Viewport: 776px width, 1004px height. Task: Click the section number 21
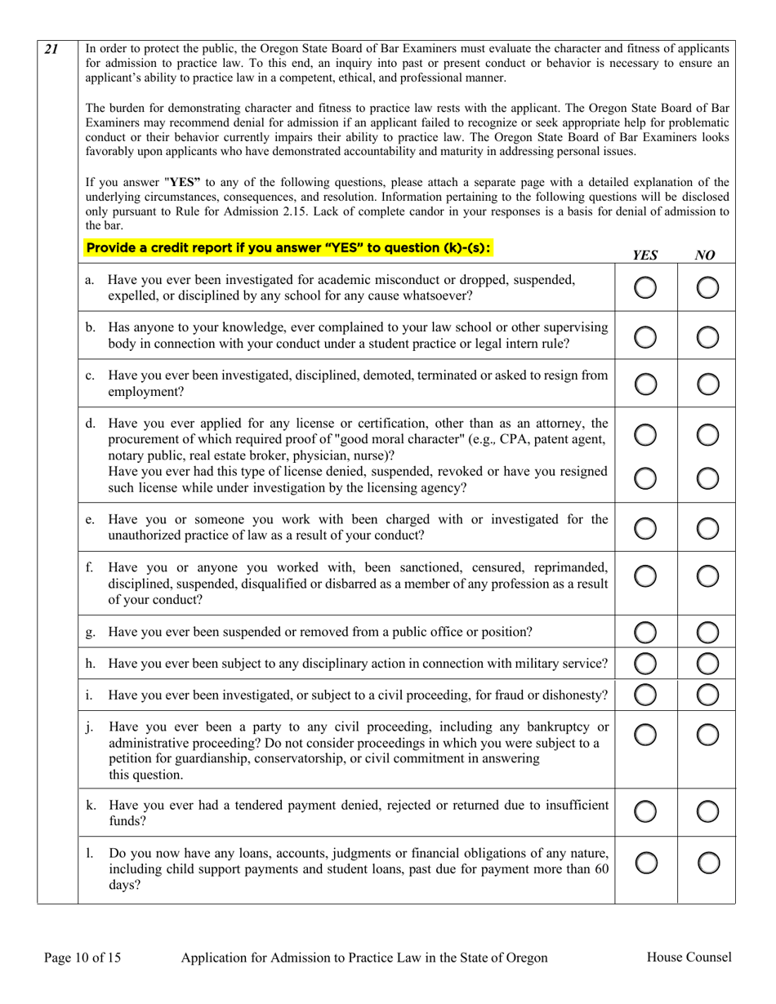click(x=51, y=49)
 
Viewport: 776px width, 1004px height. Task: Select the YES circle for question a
click(x=645, y=287)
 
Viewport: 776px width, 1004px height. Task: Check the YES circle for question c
click(x=645, y=384)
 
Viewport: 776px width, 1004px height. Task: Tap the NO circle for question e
click(x=707, y=528)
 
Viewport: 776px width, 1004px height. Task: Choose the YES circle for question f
click(x=645, y=576)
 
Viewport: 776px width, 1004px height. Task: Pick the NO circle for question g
click(x=707, y=633)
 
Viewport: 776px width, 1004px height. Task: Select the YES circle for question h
click(x=645, y=664)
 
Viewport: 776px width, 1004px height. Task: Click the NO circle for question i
click(x=707, y=695)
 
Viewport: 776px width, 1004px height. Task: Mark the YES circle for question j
click(x=645, y=735)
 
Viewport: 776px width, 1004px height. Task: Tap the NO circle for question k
click(x=707, y=811)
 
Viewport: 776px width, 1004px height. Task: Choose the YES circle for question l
click(x=645, y=863)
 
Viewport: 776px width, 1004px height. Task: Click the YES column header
click(x=645, y=255)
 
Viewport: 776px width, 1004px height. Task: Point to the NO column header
click(x=705, y=255)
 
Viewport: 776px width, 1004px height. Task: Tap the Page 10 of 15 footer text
click(x=83, y=957)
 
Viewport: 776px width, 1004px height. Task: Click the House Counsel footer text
click(x=689, y=957)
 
